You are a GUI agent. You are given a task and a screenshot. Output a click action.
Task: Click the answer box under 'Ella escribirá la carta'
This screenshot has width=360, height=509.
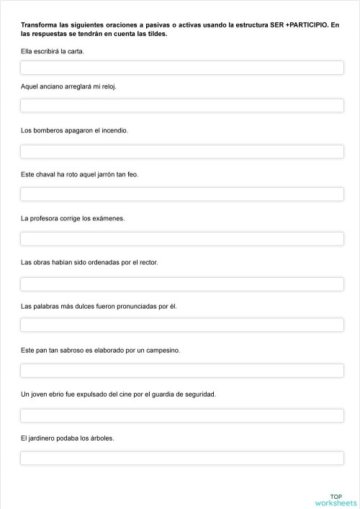coord(181,68)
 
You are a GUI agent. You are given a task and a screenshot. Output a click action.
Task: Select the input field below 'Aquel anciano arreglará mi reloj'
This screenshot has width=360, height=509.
coord(181,105)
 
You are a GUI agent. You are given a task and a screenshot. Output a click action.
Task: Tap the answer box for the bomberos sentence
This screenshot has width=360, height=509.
coord(181,151)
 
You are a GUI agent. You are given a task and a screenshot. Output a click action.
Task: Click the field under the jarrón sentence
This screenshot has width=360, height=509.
coord(181,194)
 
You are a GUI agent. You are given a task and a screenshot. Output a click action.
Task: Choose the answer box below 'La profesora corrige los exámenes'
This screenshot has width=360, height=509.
coord(181,238)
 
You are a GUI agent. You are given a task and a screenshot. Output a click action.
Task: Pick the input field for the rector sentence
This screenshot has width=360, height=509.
coord(181,283)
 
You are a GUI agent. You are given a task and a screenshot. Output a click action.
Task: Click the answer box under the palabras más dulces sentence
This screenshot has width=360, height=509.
coord(181,325)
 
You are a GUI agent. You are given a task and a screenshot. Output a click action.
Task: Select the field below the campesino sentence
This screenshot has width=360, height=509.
coord(181,370)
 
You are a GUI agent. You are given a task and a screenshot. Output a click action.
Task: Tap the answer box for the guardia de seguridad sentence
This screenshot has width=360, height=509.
coord(181,415)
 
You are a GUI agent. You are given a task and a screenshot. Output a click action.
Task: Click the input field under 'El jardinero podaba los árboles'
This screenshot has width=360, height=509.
coord(181,458)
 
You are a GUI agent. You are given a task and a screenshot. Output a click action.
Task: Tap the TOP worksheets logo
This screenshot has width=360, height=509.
coord(336,500)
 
